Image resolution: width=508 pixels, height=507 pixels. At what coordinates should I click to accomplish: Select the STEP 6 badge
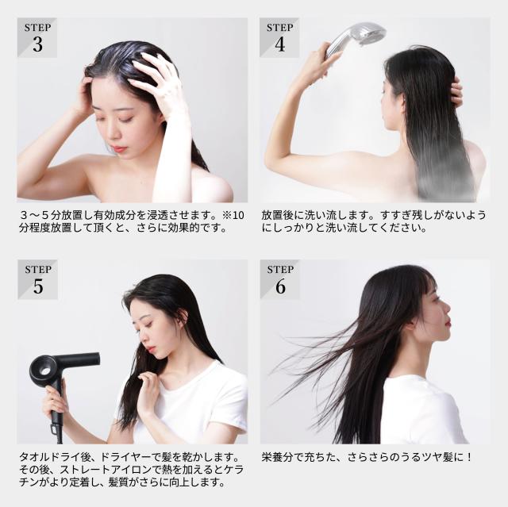279,280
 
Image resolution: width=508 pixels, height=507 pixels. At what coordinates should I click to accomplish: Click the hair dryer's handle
57,405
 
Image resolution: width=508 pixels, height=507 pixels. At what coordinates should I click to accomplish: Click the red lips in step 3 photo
120,148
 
